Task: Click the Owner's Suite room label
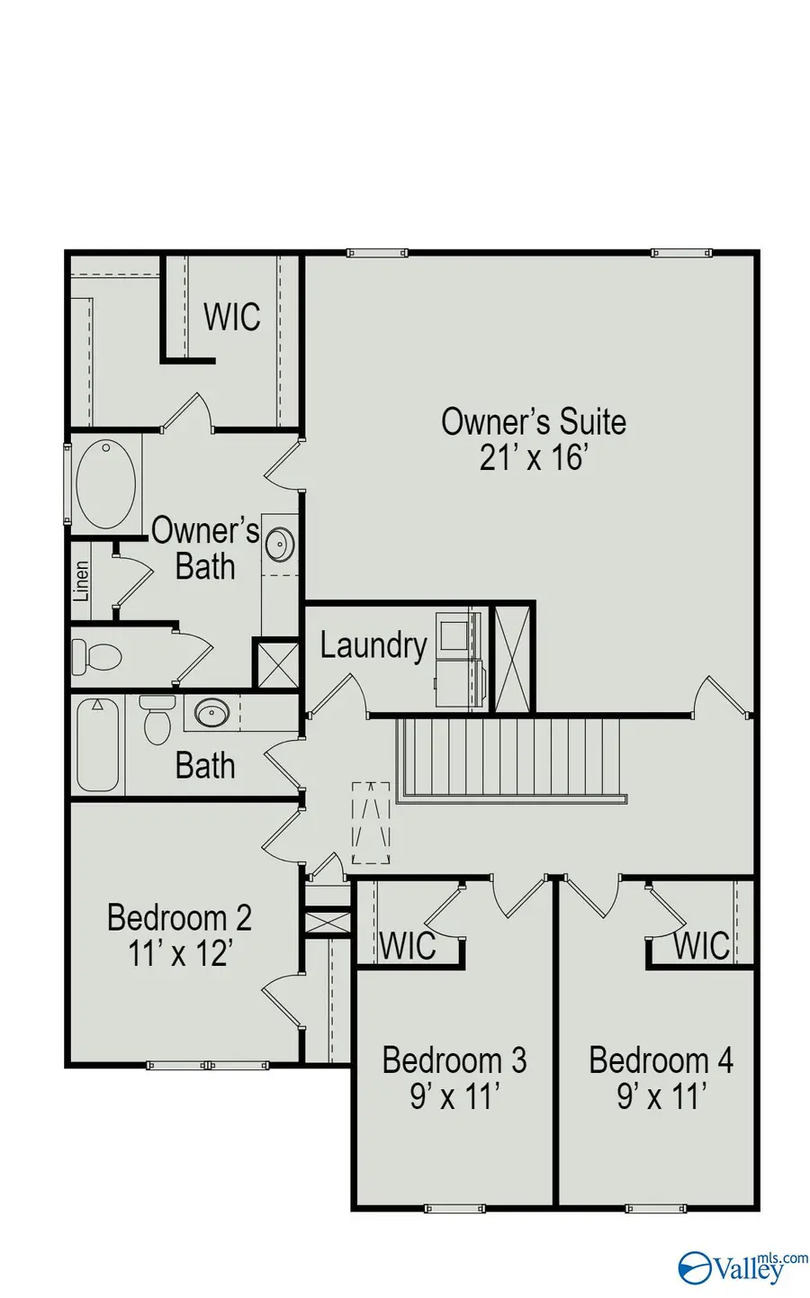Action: click(x=533, y=421)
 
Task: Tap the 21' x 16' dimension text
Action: click(x=533, y=458)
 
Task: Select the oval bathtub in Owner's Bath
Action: click(x=105, y=483)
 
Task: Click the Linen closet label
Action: click(x=82, y=581)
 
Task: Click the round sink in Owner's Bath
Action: click(x=280, y=544)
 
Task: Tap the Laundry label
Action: click(x=373, y=645)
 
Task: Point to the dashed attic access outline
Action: click(x=371, y=822)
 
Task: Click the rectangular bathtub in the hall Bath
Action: click(x=97, y=744)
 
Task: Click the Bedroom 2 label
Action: click(x=179, y=917)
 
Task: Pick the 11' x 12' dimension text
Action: click(x=180, y=953)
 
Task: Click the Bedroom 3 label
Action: click(x=454, y=1059)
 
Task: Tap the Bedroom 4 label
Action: click(x=661, y=1059)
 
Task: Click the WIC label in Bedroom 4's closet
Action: click(x=701, y=946)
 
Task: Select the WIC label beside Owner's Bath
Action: click(x=231, y=317)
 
